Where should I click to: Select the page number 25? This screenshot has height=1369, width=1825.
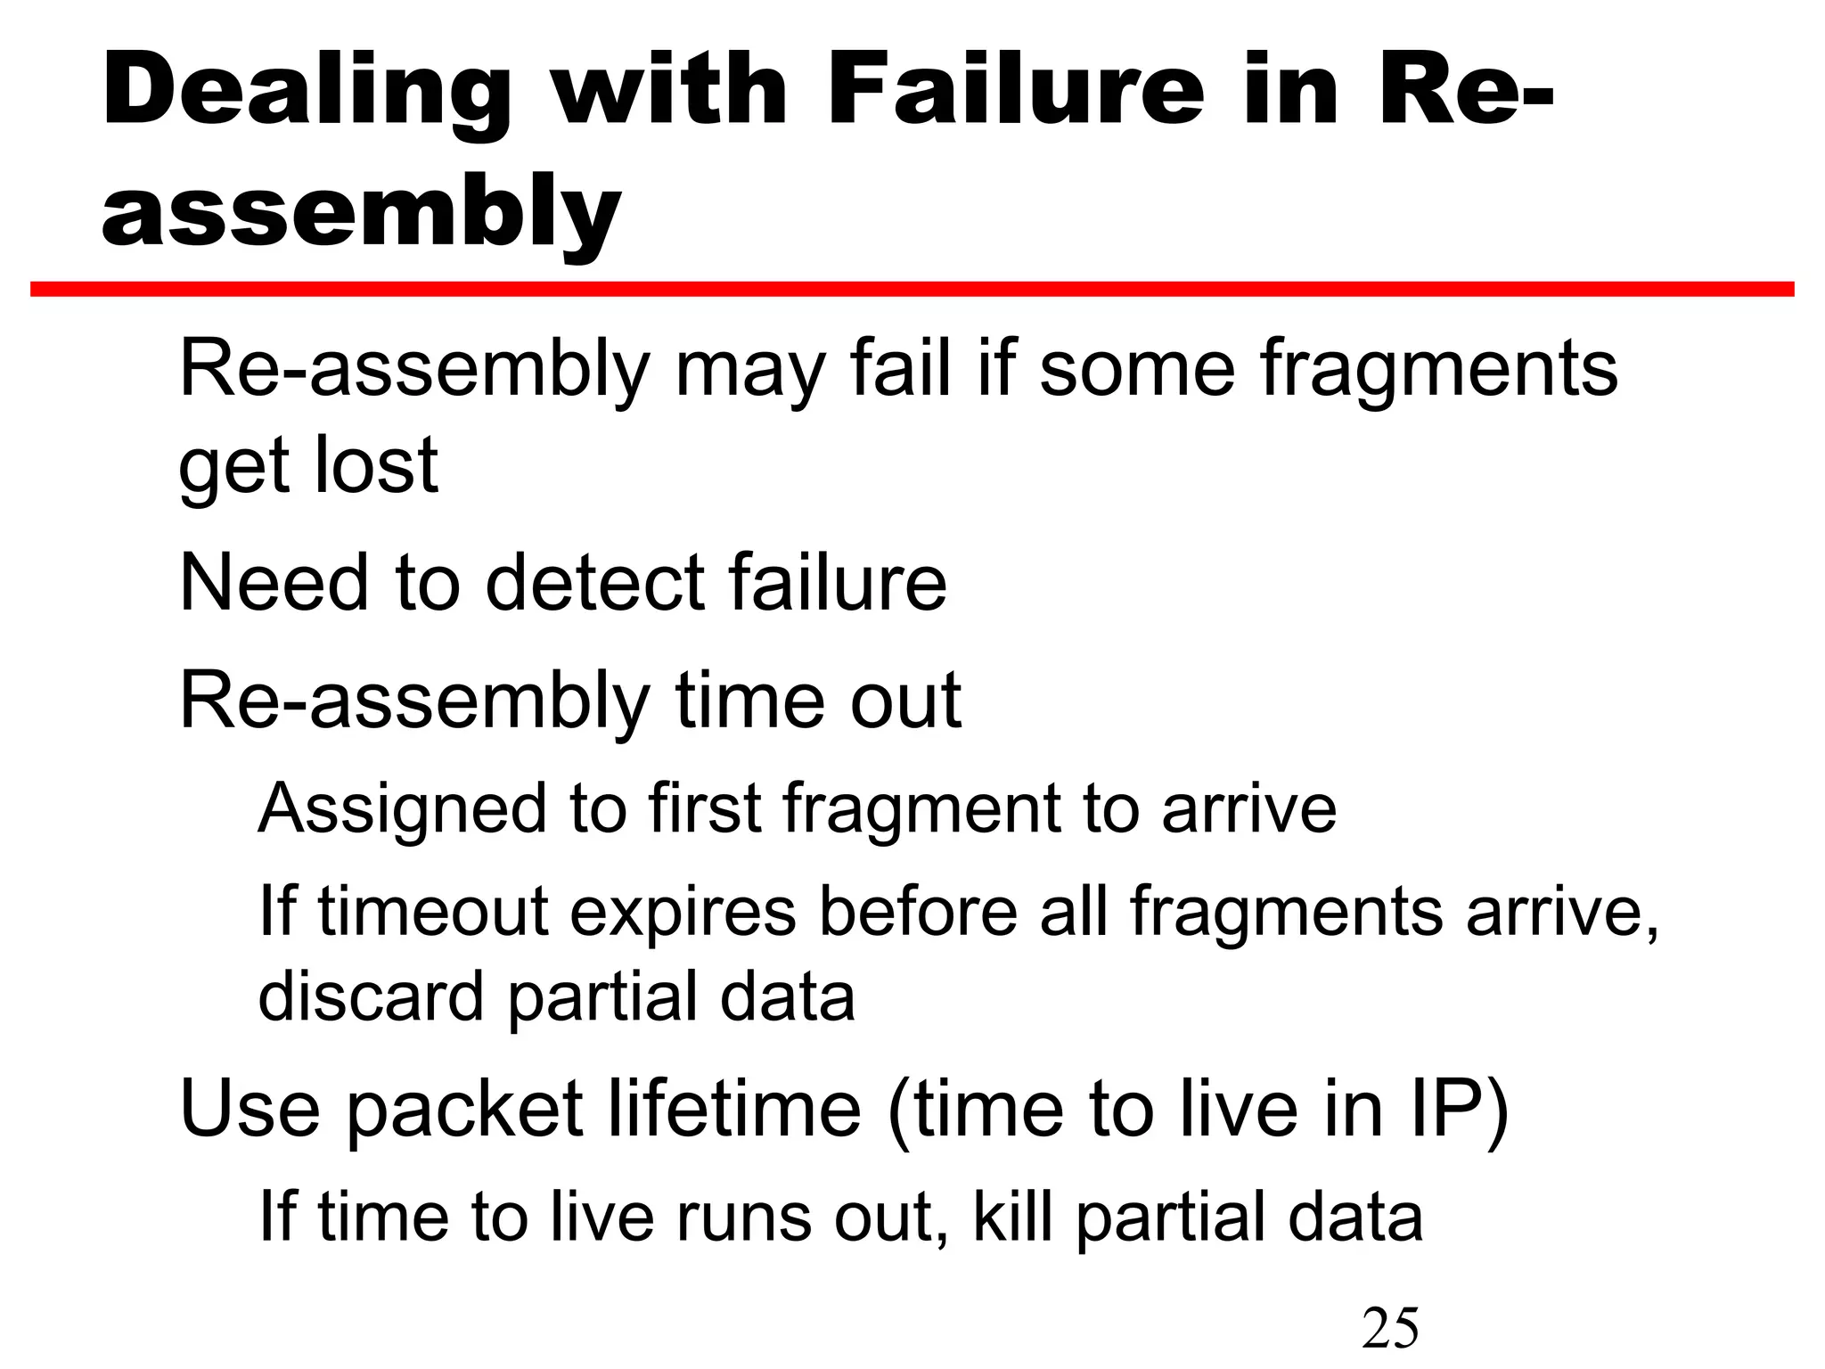1390,1328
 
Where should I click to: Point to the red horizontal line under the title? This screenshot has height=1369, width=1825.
912,289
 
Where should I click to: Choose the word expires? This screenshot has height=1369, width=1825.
683,914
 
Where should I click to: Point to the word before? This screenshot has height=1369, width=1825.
918,912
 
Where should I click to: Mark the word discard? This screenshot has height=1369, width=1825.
371,996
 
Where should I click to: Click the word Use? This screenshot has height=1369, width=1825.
250,1109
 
